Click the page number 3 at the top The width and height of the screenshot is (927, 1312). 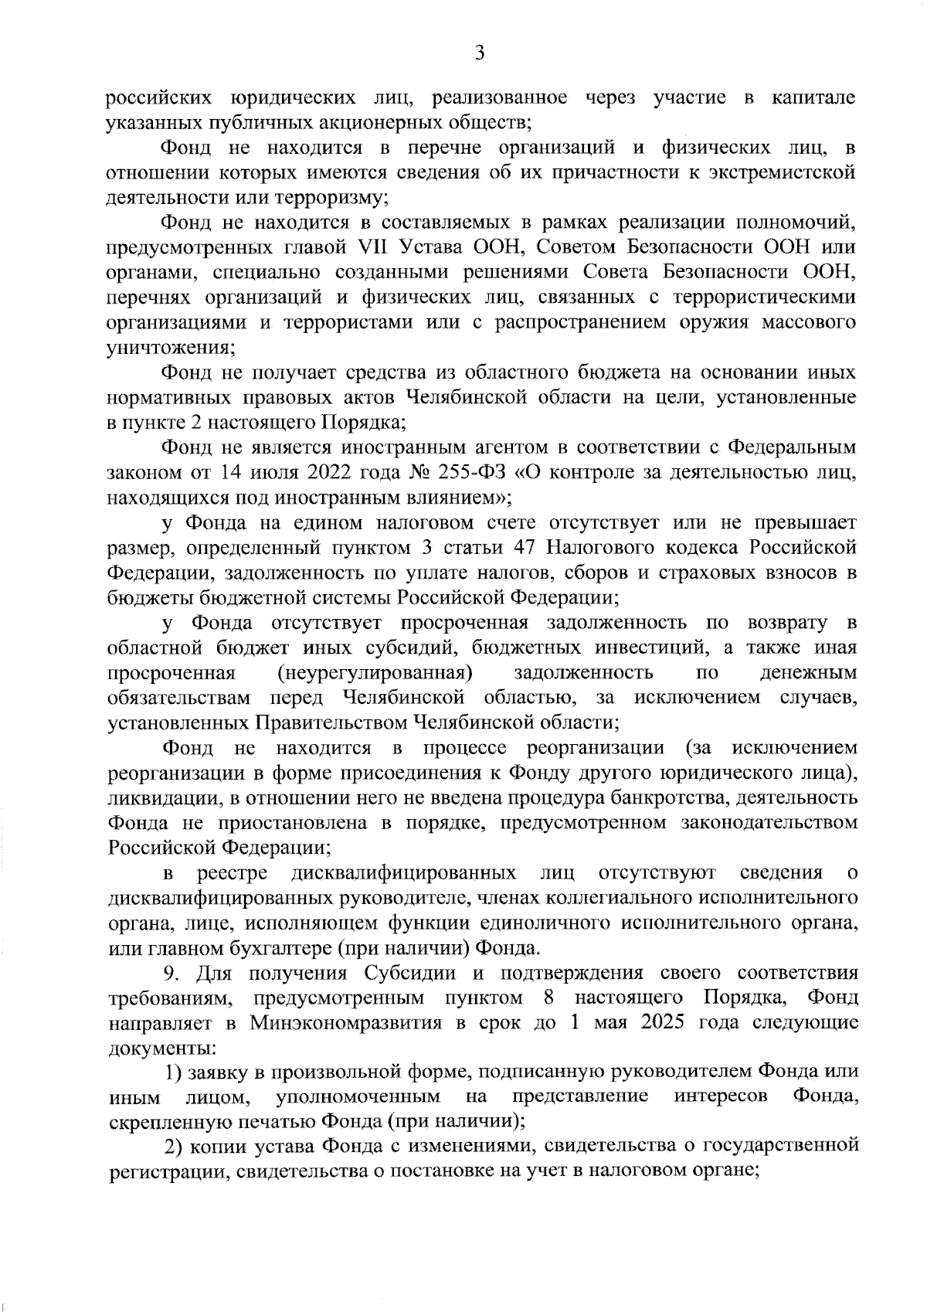point(479,54)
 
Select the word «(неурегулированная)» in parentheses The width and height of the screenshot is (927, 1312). point(375,673)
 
